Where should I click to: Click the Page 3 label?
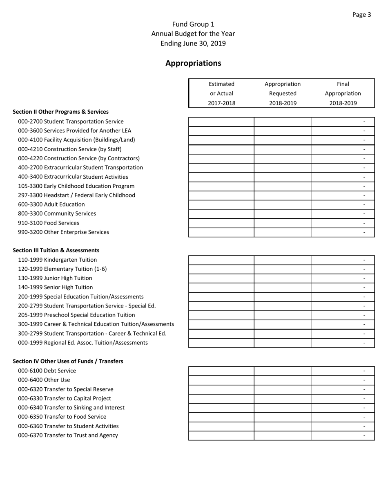(x=361, y=15)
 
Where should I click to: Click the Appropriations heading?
(x=193, y=63)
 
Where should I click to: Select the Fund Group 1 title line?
(x=193, y=24)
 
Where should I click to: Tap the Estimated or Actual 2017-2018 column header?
(x=221, y=94)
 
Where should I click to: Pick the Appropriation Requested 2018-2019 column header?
(x=283, y=94)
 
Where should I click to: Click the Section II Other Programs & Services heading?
(x=60, y=112)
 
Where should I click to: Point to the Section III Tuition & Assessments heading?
(x=56, y=250)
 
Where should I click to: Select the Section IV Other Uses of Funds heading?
(x=68, y=361)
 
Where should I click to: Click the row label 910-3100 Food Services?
(x=49, y=223)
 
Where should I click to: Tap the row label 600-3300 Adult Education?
(x=51, y=204)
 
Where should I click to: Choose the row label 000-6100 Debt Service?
(x=47, y=371)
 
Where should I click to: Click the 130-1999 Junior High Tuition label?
(x=55, y=278)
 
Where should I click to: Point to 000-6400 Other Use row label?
(x=44, y=379)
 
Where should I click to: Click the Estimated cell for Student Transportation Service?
(x=221, y=121)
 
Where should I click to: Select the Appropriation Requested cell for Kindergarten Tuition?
(x=283, y=260)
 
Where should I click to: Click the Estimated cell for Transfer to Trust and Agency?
(x=221, y=435)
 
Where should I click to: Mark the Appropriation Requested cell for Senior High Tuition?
(x=283, y=287)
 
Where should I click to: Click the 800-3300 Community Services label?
(x=57, y=213)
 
